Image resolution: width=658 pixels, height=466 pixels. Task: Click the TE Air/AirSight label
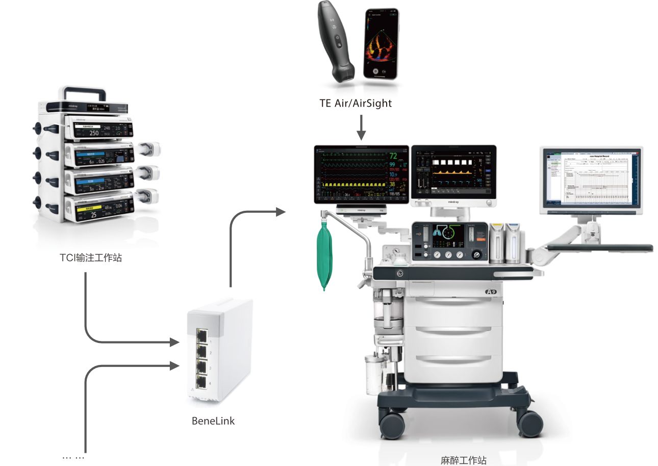(355, 103)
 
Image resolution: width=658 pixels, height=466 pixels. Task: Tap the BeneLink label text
(213, 421)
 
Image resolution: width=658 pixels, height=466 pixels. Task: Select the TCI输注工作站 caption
(91, 258)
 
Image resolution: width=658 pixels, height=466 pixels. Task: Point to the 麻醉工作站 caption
(463, 460)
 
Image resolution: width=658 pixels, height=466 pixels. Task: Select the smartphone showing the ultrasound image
(381, 44)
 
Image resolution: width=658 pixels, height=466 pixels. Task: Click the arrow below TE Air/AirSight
(361, 128)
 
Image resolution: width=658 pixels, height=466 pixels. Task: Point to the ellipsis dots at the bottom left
(73, 457)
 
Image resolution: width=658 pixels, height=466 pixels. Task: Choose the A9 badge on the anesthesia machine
(491, 291)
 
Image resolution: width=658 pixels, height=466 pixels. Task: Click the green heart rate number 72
(394, 156)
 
